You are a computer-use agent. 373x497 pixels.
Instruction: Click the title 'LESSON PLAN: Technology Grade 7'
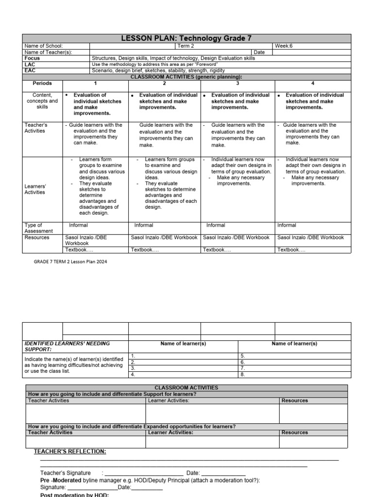click(x=186, y=38)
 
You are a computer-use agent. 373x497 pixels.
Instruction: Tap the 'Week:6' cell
click(x=284, y=46)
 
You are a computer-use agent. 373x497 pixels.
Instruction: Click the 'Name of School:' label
click(x=44, y=46)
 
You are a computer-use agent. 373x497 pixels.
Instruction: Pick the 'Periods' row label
click(x=42, y=83)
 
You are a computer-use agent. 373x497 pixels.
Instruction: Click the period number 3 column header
click(x=237, y=83)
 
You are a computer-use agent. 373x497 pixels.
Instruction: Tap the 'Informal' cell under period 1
click(x=78, y=225)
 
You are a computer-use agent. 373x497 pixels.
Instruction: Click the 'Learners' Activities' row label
click(x=35, y=189)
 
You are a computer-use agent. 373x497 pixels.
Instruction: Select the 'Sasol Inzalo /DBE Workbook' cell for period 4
click(x=310, y=238)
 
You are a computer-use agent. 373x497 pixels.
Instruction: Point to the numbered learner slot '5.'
click(x=243, y=356)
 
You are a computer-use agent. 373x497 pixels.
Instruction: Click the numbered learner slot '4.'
click(x=133, y=375)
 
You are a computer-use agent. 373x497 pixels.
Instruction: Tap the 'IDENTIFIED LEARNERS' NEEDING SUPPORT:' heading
click(x=67, y=346)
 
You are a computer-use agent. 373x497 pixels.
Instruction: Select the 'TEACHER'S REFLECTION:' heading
click(x=69, y=452)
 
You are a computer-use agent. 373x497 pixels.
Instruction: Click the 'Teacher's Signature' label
click(x=65, y=473)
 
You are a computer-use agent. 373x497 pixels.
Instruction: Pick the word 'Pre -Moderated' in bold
click(x=58, y=480)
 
